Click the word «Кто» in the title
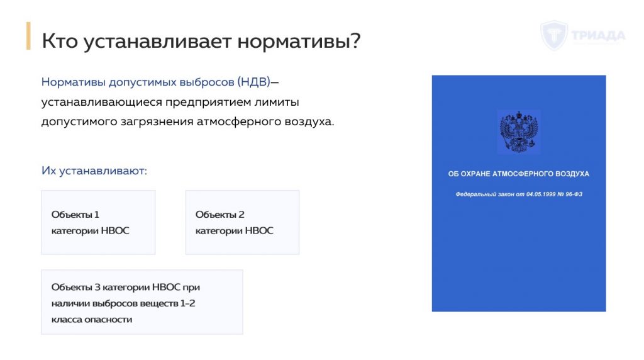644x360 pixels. (60, 41)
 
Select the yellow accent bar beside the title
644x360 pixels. (28, 36)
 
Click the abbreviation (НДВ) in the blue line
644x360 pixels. (254, 82)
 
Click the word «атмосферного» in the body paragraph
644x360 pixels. (238, 122)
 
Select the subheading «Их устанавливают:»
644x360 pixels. (94, 171)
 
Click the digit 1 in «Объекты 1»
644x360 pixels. (97, 215)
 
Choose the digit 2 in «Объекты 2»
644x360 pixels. (241, 215)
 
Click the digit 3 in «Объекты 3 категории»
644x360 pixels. (97, 287)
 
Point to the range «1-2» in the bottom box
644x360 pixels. (187, 303)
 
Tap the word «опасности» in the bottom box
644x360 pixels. (109, 319)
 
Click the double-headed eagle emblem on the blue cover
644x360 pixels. (519, 132)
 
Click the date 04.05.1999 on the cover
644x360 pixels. (541, 194)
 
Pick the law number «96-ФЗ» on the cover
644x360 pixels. (574, 194)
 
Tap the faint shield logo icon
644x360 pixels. (554, 36)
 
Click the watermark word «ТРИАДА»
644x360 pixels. (598, 36)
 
